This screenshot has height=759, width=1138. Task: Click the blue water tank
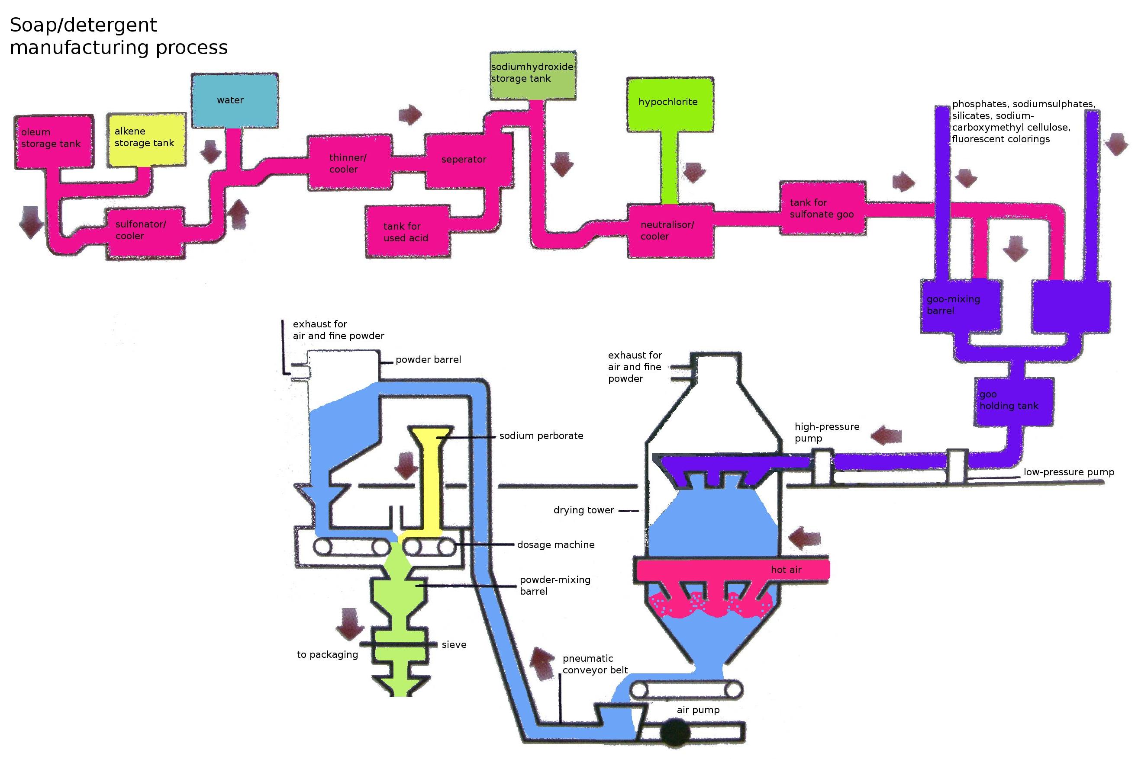[x=235, y=101]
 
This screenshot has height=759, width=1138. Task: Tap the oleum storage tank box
[x=53, y=141]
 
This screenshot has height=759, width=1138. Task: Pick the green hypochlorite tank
[x=670, y=105]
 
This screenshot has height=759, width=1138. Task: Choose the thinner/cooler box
[x=350, y=162]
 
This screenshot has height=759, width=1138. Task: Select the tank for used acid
[x=407, y=232]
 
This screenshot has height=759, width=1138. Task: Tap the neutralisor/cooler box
[x=670, y=231]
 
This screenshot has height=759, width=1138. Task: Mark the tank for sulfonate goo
[x=822, y=208]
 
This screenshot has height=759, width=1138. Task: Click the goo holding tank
[x=1013, y=401]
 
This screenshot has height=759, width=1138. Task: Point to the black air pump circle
[x=675, y=733]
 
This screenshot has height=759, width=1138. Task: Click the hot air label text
[x=786, y=570]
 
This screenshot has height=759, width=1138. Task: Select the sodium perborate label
[x=541, y=436]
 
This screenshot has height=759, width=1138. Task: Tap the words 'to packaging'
[x=328, y=654]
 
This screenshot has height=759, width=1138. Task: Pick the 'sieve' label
[x=454, y=645]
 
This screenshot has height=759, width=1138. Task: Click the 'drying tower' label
[x=584, y=510]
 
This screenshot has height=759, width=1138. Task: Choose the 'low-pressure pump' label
[x=1069, y=472]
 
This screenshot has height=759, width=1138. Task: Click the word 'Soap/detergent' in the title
[x=84, y=25]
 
